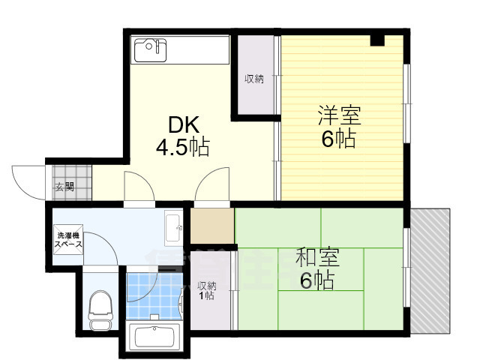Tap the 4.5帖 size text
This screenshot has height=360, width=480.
click(x=182, y=147)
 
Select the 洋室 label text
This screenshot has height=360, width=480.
click(x=339, y=116)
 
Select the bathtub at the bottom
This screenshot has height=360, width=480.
click(x=155, y=337)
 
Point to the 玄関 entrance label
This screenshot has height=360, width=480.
click(x=63, y=187)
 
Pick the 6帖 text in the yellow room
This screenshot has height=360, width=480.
click(x=339, y=139)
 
